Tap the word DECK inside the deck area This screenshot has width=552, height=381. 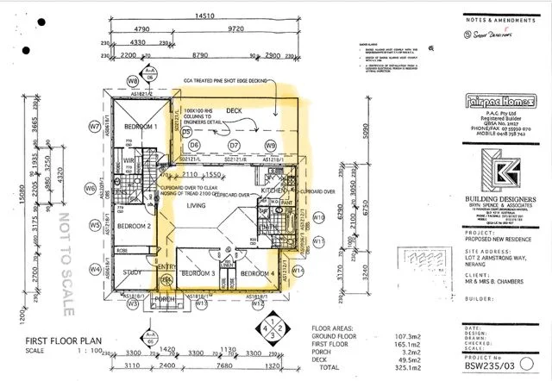pyautogui.click(x=234, y=111)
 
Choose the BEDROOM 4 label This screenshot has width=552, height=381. pyautogui.click(x=256, y=273)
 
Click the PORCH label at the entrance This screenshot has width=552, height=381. pyautogui.click(x=166, y=299)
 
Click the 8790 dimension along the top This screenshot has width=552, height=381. pyautogui.click(x=200, y=55)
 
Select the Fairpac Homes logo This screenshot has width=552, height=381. pyautogui.click(x=490, y=99)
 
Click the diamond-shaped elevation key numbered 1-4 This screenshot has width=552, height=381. pyautogui.click(x=273, y=329)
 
